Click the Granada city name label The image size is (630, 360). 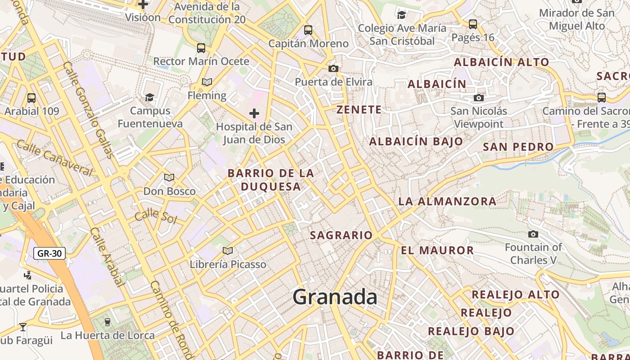click(x=335, y=297)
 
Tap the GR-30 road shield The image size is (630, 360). click(x=49, y=253)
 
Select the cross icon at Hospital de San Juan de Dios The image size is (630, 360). click(x=254, y=113)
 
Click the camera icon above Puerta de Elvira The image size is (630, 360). click(x=333, y=68)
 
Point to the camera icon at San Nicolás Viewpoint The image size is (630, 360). click(x=479, y=98)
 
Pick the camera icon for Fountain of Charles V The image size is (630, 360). click(x=533, y=234)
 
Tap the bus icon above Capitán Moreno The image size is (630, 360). click(x=308, y=30)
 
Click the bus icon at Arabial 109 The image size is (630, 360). click(x=31, y=98)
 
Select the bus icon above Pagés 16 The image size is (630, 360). click(x=473, y=24)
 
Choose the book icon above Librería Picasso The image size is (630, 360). click(x=228, y=251)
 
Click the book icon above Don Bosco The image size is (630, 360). click(x=169, y=178)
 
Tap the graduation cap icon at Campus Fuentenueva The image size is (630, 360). click(x=150, y=97)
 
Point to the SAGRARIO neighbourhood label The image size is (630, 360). click(x=341, y=235)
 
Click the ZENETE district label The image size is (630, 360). click(x=359, y=109)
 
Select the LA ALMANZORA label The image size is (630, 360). click(x=447, y=201)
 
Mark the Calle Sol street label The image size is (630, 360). click(x=156, y=216)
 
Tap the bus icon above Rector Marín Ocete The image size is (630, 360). click(x=201, y=48)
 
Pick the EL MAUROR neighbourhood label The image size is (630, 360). click(x=437, y=250)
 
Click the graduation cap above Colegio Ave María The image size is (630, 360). click(x=402, y=15)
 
